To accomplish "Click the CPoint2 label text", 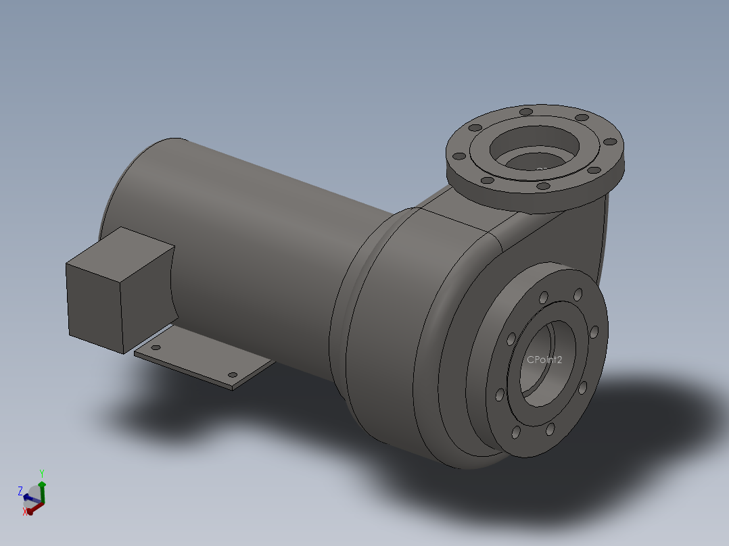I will [x=544, y=360].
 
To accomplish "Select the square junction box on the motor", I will [x=115, y=291].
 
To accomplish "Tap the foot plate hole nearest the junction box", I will [x=156, y=347].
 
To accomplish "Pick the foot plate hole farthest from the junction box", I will [x=233, y=374].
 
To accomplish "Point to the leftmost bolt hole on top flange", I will [x=459, y=156].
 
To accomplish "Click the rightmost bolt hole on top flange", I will [x=609, y=141].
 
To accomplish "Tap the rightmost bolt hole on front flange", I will [x=594, y=332].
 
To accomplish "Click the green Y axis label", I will [x=42, y=474].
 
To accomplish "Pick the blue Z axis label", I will [x=20, y=490].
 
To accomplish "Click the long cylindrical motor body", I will [x=257, y=257].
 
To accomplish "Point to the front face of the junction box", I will [x=95, y=307].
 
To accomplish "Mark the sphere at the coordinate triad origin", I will [x=30, y=500].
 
